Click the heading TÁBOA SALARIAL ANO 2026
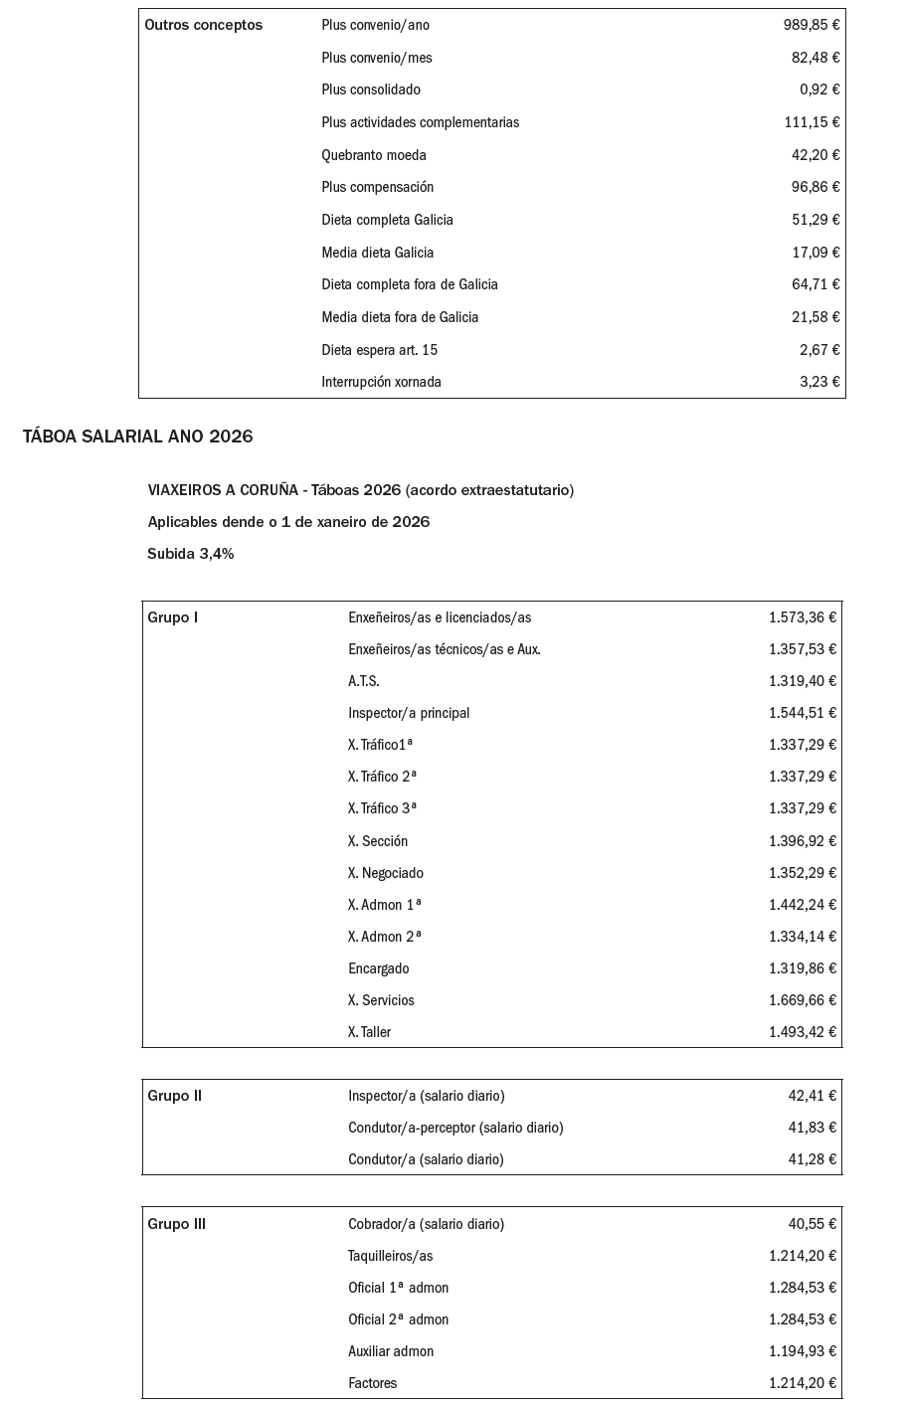137,437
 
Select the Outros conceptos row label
204,25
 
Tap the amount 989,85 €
811,25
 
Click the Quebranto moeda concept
374,155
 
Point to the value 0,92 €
819,89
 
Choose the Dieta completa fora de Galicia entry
410,284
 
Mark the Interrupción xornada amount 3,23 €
819,382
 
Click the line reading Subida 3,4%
191,554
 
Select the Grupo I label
173,617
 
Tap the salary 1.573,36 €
802,617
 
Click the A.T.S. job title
364,681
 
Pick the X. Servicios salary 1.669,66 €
802,1000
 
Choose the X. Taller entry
370,1032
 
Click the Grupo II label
175,1096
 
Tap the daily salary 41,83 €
812,1128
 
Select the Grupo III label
177,1224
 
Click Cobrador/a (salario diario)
426,1224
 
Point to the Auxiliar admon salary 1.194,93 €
802,1351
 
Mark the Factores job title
373,1383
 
